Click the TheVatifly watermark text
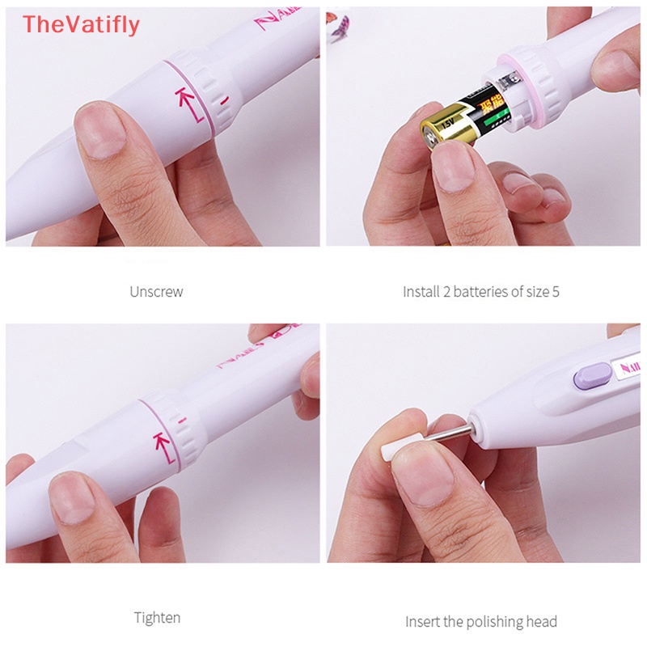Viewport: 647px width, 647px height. pos(81,25)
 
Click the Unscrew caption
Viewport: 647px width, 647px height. pos(156,291)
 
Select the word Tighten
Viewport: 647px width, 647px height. pos(157,618)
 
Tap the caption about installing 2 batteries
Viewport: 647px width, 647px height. pos(480,291)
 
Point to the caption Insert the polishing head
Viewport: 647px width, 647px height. pos(480,621)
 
